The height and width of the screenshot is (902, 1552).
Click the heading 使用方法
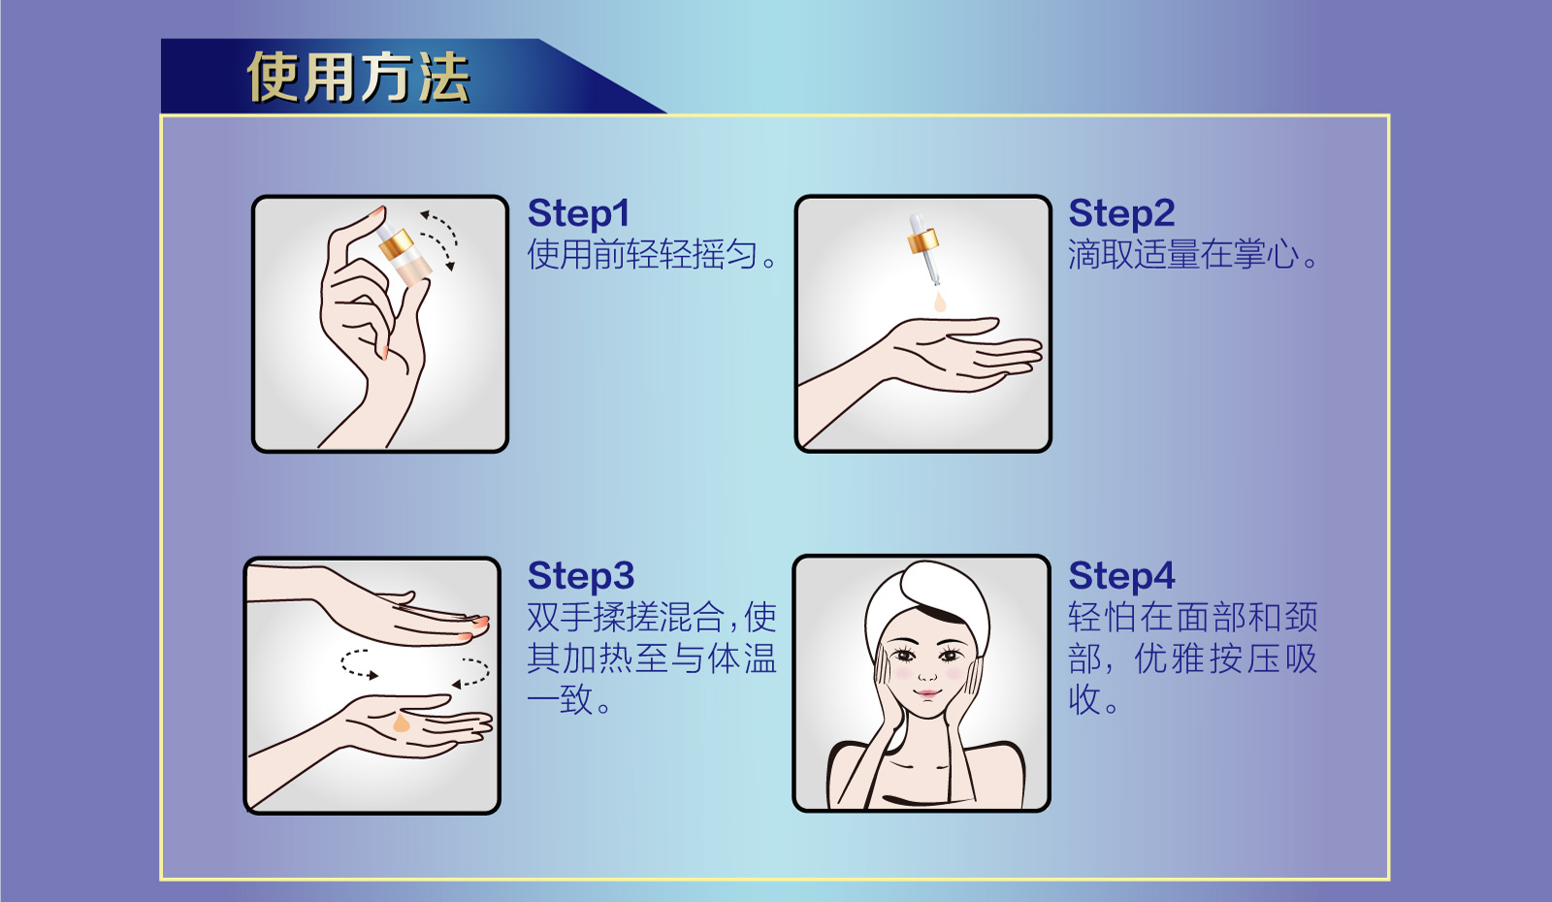[x=359, y=78]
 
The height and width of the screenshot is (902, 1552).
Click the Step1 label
[x=578, y=213]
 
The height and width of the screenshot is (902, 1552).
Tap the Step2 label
[x=1121, y=213]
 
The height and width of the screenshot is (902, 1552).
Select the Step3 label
[x=580, y=576]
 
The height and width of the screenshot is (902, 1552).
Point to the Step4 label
[x=1121, y=576]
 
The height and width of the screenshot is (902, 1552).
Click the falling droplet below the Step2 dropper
[x=939, y=304]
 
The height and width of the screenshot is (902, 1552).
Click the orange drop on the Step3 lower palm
[x=402, y=724]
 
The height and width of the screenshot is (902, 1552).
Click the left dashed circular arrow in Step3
[x=357, y=664]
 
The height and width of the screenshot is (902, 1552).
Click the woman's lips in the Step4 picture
[x=927, y=694]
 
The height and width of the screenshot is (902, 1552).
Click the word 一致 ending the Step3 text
[x=561, y=699]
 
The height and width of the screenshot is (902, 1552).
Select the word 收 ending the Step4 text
[x=1083, y=699]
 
